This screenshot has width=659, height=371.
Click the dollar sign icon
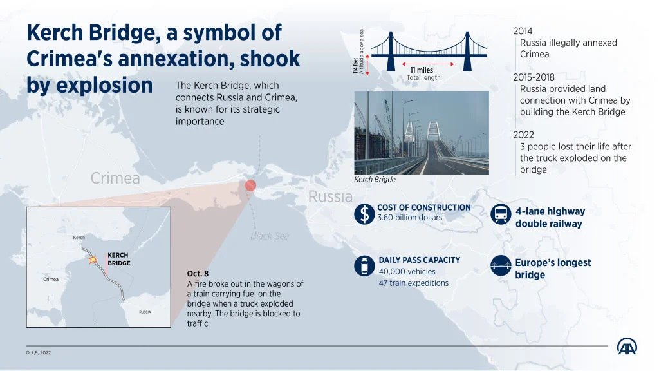(x=364, y=213)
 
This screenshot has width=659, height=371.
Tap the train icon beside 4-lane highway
(x=501, y=214)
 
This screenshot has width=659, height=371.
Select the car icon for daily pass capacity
(x=364, y=266)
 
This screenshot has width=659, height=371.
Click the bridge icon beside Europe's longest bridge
(x=501, y=266)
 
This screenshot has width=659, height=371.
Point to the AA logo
(x=627, y=347)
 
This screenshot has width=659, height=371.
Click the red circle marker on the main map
(x=250, y=185)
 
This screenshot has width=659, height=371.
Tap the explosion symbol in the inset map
(x=93, y=260)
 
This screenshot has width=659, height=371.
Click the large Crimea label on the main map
(x=115, y=178)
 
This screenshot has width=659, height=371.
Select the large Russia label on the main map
(x=330, y=196)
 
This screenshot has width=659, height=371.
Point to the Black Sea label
(x=270, y=236)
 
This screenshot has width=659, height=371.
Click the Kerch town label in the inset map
(x=79, y=237)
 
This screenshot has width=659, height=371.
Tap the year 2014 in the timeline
(x=523, y=31)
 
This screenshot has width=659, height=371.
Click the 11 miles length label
(x=422, y=70)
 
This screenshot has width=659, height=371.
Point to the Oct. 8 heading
(x=198, y=273)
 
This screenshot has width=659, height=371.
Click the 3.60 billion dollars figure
(x=410, y=218)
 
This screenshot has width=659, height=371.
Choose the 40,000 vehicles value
(x=407, y=272)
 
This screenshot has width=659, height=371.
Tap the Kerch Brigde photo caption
(x=375, y=180)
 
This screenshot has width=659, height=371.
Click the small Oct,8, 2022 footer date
(x=38, y=352)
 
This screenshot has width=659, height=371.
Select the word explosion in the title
(x=104, y=86)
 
